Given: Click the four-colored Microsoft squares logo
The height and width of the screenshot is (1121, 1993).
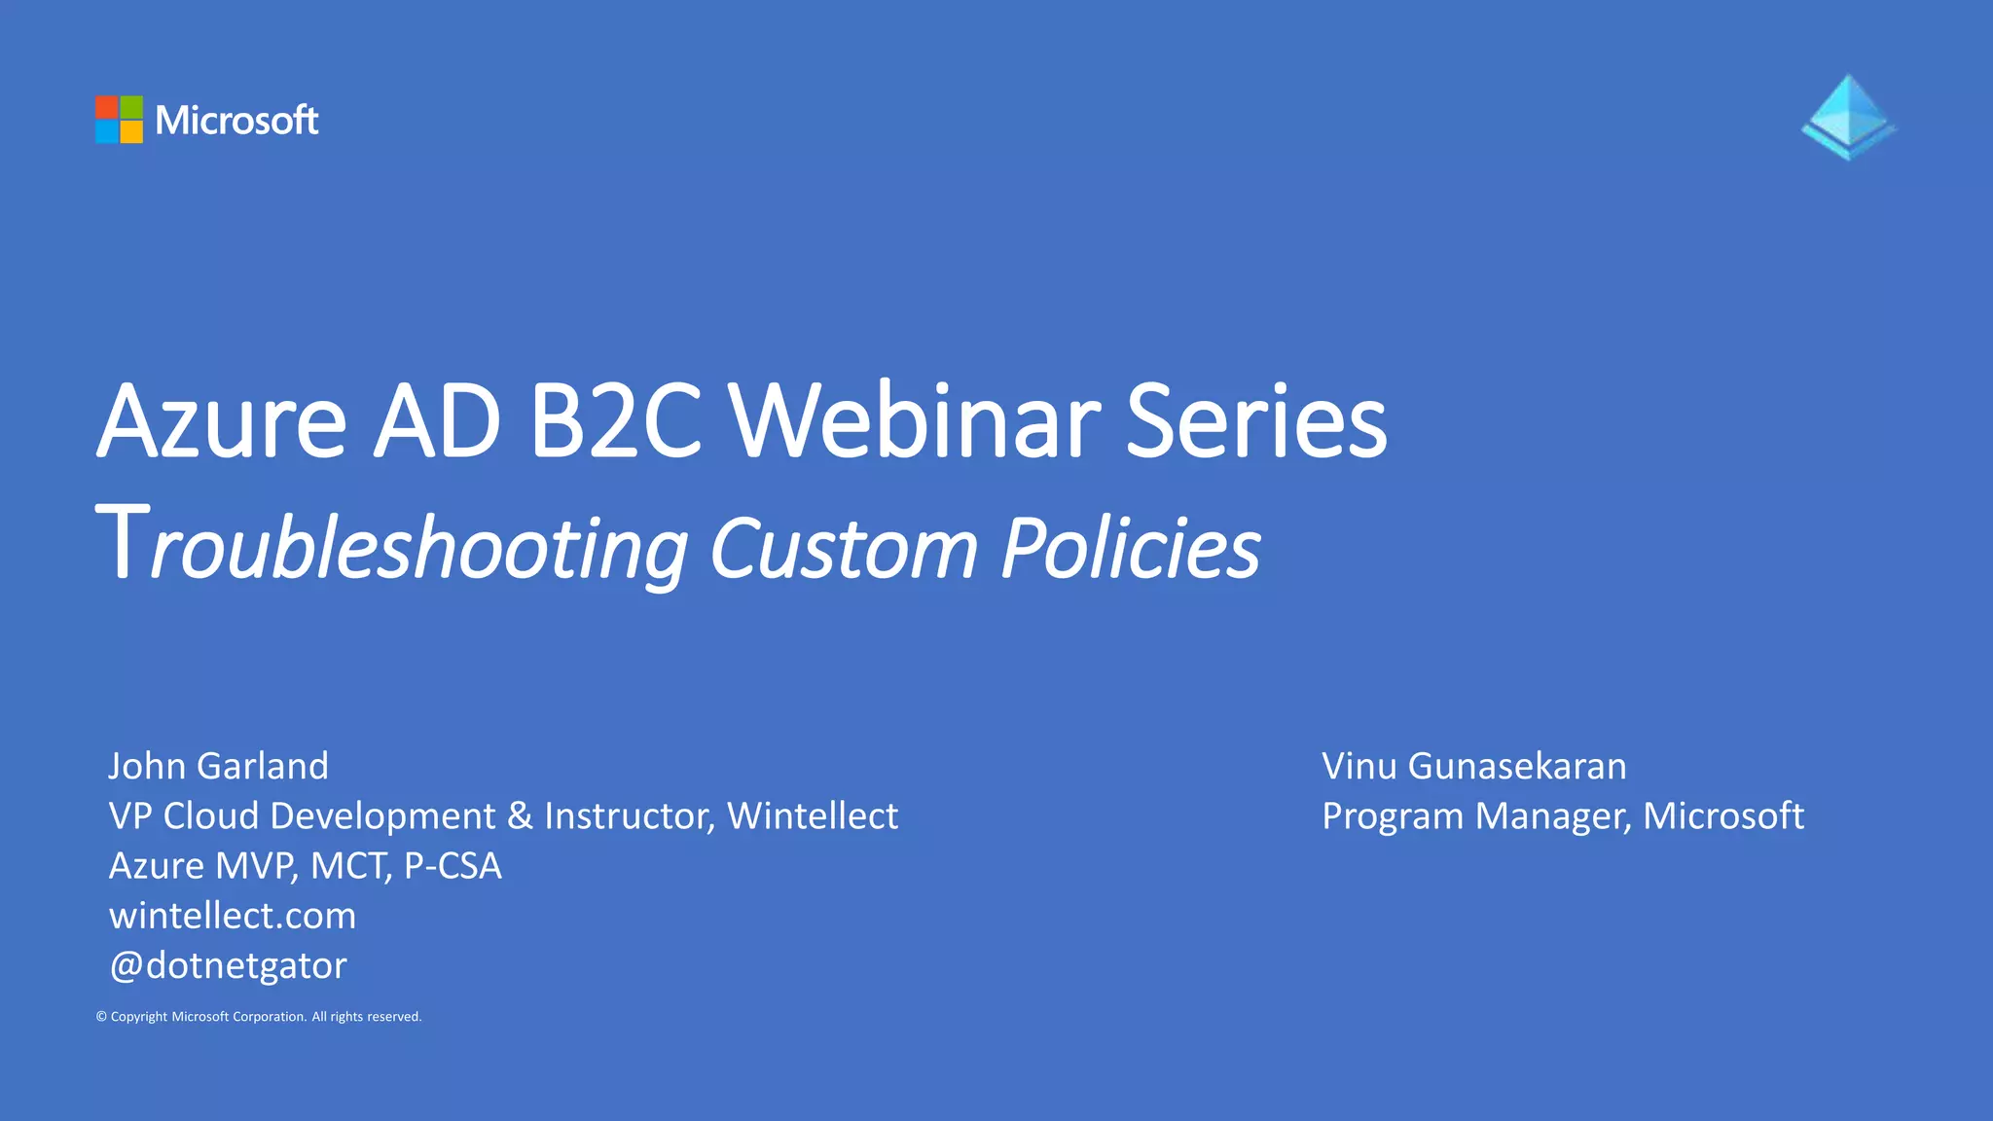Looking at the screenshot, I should (x=119, y=120).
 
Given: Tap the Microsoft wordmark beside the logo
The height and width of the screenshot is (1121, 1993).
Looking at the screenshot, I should (x=236, y=121).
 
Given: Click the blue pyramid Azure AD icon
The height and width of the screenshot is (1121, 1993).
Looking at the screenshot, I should (x=1848, y=118).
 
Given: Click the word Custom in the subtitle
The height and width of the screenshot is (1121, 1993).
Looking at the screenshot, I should (x=843, y=547).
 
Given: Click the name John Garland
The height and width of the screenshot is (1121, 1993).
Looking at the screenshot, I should (x=218, y=766).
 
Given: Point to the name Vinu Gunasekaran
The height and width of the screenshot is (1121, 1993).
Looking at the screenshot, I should (x=1473, y=766).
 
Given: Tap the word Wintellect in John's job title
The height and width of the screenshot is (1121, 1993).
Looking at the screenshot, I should (x=813, y=815).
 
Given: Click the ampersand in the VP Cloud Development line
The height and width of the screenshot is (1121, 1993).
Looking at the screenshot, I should (x=520, y=815).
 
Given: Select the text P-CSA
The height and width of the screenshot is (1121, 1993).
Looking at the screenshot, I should (x=453, y=866).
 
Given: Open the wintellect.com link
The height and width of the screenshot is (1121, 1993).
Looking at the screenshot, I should (x=233, y=916).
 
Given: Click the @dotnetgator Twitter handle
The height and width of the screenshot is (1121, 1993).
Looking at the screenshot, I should (x=228, y=965).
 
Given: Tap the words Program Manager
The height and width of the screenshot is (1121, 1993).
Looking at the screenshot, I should (x=1475, y=815).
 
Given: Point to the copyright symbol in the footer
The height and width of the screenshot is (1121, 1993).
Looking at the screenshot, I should (x=101, y=1017).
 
